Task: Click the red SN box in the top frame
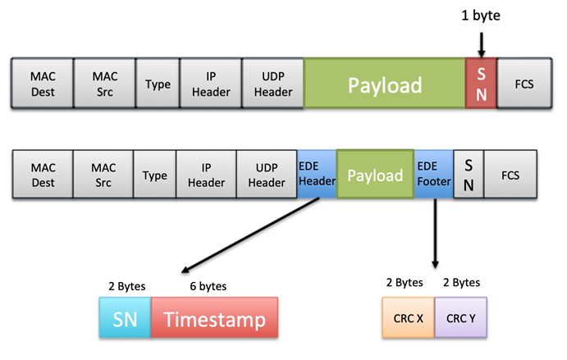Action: coord(481,84)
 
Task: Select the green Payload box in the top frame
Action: coord(385,84)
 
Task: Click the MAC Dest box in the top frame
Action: coord(43,84)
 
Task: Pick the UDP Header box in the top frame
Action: coord(273,84)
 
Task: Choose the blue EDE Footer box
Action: coord(432,175)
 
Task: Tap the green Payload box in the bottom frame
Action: coord(375,175)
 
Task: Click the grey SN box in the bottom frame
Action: coord(468,175)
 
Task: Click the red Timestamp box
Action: coord(214,318)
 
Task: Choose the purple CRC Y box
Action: coord(461,318)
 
